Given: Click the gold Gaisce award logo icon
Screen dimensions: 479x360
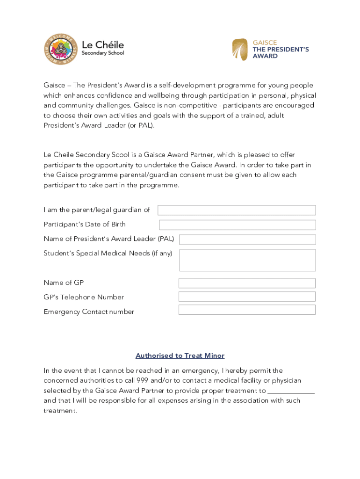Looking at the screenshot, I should [240, 50].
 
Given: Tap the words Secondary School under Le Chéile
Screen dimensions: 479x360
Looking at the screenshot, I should [103, 53].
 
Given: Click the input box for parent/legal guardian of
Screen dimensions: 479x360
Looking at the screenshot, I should [237, 210].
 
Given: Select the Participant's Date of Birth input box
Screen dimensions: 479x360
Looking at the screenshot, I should [237, 225].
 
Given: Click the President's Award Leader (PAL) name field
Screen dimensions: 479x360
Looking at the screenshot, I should [247, 239].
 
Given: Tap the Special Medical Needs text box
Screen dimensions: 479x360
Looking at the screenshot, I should [247, 260].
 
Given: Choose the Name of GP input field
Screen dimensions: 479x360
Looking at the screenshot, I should [247, 283].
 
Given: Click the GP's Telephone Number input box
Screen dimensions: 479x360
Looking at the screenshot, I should [247, 297].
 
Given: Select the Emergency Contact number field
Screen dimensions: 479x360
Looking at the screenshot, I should [247, 310].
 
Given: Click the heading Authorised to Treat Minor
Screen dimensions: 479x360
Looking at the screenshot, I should [180, 356].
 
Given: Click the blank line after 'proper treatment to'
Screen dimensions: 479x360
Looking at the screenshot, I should [291, 391].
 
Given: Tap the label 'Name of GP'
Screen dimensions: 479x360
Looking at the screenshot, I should [64, 283].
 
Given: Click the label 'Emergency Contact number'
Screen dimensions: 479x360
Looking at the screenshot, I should [89, 312].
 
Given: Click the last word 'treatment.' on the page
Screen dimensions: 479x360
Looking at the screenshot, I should [60, 411].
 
